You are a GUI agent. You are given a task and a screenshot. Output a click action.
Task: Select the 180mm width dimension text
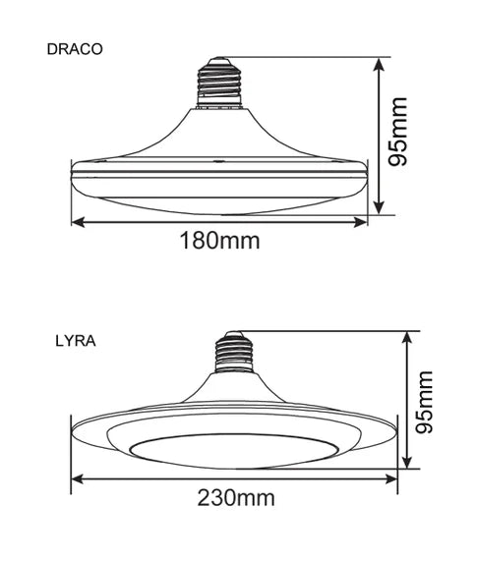pos(219,240)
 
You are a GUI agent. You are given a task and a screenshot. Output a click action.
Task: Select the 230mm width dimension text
pos(233,499)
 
